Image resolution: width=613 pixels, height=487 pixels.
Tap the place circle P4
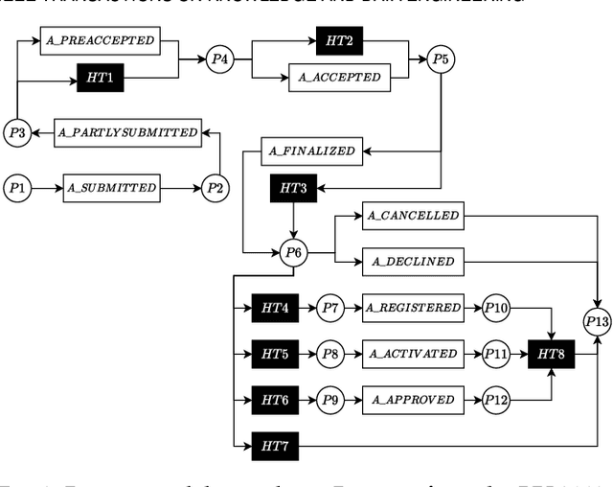click(219, 59)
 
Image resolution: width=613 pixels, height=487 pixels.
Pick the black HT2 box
click(340, 41)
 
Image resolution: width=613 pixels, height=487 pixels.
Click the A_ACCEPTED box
click(340, 78)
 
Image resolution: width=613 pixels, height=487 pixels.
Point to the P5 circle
click(440, 59)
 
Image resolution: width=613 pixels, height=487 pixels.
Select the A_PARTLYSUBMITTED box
click(127, 132)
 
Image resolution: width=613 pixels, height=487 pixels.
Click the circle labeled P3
click(17, 132)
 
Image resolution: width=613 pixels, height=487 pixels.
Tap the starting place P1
click(17, 188)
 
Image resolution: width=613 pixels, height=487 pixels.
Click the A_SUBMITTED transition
click(110, 188)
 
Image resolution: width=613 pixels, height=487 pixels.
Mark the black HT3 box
click(294, 188)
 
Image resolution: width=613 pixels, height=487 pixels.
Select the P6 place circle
click(294, 253)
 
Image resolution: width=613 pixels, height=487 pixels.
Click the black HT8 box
click(551, 354)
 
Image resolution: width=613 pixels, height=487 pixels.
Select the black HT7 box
click(275, 446)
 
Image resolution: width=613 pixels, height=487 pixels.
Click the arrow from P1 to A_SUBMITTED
click(47, 188)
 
